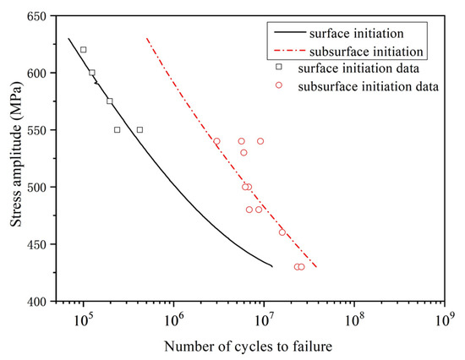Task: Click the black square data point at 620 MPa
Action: pyautogui.click(x=83, y=50)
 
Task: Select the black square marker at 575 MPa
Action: pyautogui.click(x=110, y=101)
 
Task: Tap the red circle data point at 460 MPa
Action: pyautogui.click(x=282, y=232)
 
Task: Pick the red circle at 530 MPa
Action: pyautogui.click(x=243, y=153)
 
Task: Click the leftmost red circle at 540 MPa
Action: pyautogui.click(x=216, y=141)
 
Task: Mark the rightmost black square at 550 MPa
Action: pyautogui.click(x=139, y=130)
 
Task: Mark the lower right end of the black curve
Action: pyautogui.click(x=272, y=267)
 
